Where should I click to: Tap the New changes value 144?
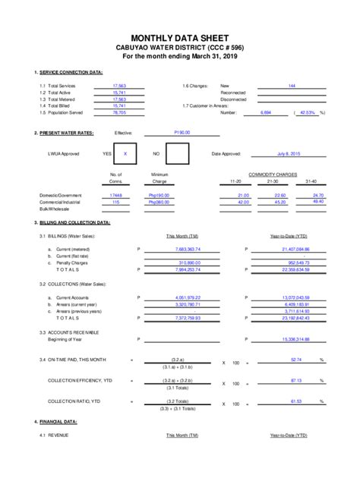coord(292,86)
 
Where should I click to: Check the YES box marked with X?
coord(125,153)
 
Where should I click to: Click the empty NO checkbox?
coord(177,153)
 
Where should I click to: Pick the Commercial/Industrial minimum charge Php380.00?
coord(159,203)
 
